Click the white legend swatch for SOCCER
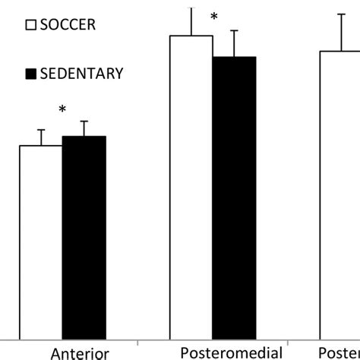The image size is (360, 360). (x=31, y=24)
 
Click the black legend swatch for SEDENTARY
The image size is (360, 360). (x=31, y=74)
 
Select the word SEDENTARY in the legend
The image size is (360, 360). (x=81, y=74)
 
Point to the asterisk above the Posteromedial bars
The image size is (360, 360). (x=214, y=17)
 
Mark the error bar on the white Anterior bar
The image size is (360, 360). (x=41, y=137)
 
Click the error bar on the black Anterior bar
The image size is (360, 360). (x=84, y=128)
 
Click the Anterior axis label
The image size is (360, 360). (x=81, y=353)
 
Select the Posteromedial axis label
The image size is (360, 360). (x=232, y=352)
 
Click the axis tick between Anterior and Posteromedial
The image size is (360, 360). (x=137, y=341)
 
